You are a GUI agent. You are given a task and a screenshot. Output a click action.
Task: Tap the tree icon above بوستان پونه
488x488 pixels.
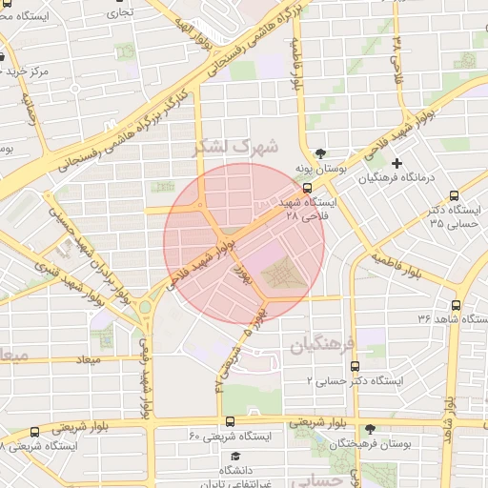320,152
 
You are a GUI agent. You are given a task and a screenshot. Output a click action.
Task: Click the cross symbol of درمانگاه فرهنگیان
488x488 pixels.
397,164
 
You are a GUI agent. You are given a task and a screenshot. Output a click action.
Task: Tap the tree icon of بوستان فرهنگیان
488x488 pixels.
371,430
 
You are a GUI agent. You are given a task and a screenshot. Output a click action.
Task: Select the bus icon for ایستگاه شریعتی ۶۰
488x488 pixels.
230,421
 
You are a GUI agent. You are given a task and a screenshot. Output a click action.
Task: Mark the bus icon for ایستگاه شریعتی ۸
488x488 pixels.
35,431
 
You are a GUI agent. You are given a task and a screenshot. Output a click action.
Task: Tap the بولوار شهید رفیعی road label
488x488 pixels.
147,376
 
